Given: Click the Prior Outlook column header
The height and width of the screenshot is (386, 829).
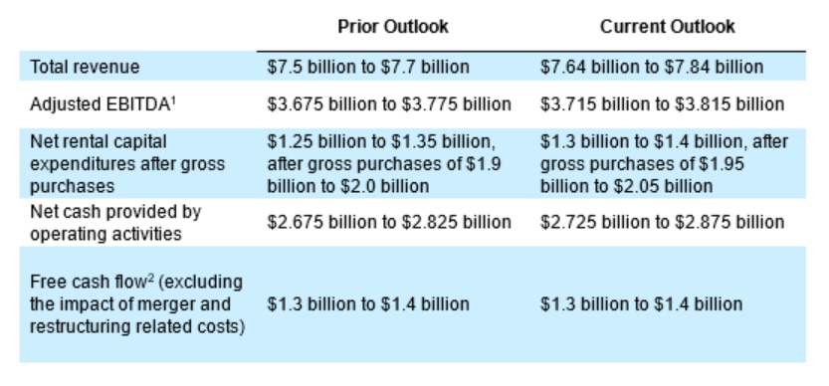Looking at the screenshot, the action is [393, 27].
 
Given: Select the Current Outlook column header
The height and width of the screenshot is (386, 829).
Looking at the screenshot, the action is [667, 27].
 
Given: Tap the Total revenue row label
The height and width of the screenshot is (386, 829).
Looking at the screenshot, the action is [85, 67].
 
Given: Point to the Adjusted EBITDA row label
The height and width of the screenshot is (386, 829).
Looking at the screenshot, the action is [103, 104].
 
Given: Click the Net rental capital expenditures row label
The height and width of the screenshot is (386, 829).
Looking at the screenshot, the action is [127, 164].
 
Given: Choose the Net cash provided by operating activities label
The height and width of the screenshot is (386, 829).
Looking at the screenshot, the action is [115, 223].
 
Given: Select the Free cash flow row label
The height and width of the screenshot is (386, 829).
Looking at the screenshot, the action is [137, 304].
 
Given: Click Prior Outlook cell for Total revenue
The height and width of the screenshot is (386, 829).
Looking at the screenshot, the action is [368, 67].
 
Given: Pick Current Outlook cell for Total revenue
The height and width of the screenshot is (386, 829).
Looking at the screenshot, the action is [651, 67].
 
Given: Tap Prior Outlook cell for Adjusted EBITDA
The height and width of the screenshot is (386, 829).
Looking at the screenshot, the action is [389, 104].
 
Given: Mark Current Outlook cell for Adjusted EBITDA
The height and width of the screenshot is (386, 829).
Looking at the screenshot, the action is [662, 104].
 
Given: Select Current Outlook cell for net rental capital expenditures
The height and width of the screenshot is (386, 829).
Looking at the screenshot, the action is [664, 164].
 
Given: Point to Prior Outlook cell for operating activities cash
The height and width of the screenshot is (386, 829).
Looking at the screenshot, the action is [389, 222].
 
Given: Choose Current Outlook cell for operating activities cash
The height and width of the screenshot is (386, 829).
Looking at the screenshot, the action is [662, 222].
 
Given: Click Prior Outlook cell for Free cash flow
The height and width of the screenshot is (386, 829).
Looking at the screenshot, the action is [368, 304].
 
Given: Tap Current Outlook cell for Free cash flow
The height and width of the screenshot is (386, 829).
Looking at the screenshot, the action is [641, 304].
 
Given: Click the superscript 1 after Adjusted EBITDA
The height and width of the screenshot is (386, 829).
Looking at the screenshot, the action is [173, 99].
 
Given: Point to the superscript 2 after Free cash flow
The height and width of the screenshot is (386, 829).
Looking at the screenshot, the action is [150, 278].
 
